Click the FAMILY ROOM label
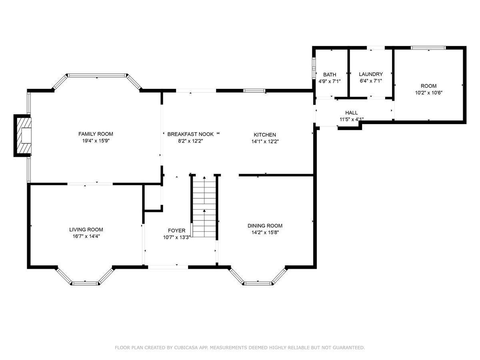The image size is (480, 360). pos(96,134)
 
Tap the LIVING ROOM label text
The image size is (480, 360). pos(86,230)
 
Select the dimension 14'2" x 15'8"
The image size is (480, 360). pos(265,232)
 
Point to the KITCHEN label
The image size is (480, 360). pos(265,135)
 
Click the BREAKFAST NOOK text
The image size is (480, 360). pos(190,134)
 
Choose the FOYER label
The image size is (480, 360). pos(176,230)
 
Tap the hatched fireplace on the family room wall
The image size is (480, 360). pos(23,136)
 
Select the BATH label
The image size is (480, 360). pos(330,74)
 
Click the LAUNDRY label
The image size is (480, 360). pos(371,74)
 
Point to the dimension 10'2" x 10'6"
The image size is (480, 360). pos(429,93)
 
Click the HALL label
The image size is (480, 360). pos(352,112)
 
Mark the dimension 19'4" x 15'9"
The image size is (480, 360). pos(96,141)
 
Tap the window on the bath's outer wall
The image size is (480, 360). pos(314,68)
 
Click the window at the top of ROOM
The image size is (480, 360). pos(428,48)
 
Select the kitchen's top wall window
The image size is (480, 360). pos(254,91)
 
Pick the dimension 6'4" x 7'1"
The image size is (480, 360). pos(371,81)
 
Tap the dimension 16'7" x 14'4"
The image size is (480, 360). pos(86,236)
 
